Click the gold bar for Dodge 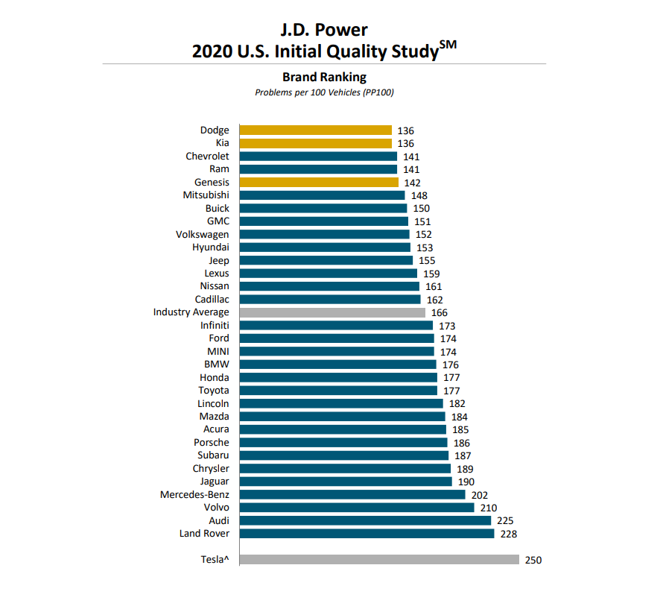315,130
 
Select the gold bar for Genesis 319,183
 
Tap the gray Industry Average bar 332,313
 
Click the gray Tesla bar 378,560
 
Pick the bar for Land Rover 366,534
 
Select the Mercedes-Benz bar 352,494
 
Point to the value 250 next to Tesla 533,560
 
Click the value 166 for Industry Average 440,313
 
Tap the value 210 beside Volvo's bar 489,508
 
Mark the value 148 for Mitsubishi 419,195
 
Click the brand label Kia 222,143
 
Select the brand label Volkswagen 202,235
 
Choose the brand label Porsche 212,442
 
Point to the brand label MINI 218,351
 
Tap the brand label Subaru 213,455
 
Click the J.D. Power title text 324,30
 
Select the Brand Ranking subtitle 324,77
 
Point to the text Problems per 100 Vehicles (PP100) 324,92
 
